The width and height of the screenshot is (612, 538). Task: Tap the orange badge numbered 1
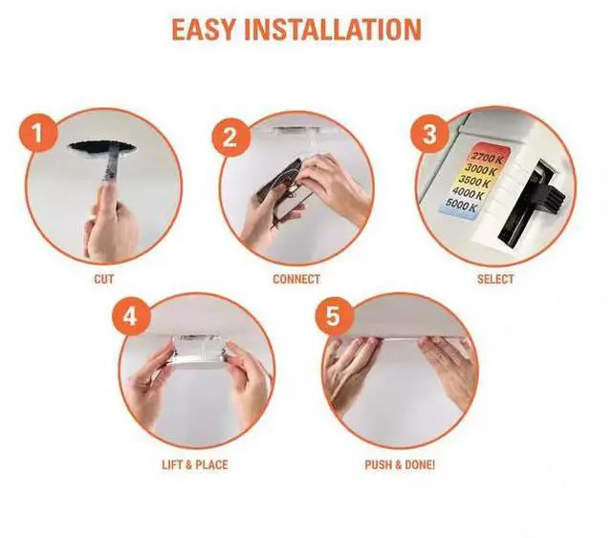37,133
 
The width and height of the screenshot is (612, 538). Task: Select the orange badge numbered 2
230,138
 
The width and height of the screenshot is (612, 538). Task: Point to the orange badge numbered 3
429,134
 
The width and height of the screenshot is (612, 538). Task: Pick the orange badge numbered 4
130,316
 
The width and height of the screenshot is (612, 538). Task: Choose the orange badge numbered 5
334,315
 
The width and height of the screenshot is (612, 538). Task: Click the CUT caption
104,279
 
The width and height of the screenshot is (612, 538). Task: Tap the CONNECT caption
296,279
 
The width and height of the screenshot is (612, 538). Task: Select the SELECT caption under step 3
495,279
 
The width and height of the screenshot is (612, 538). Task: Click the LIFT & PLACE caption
195,464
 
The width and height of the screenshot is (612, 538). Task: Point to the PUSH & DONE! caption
400,464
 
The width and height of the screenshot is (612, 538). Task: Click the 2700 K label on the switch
487,158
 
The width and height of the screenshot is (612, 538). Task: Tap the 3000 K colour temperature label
481,169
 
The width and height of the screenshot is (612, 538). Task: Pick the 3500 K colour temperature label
475,181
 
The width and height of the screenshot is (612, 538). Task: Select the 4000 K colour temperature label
469,193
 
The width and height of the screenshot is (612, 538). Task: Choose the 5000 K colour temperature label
462,205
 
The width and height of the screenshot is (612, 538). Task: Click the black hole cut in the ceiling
102,148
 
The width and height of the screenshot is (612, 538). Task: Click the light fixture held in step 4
198,351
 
